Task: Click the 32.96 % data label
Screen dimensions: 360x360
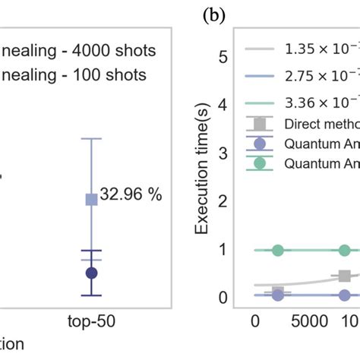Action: pyautogui.click(x=134, y=194)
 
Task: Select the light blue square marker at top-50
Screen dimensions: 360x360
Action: pyautogui.click(x=91, y=199)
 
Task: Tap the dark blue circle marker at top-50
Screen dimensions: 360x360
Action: pyautogui.click(x=91, y=272)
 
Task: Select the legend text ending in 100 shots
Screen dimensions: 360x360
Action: pyautogui.click(x=72, y=75)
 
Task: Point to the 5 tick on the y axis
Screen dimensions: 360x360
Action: pyautogui.click(x=223, y=56)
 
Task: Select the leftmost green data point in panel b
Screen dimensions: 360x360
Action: pyautogui.click(x=278, y=250)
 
